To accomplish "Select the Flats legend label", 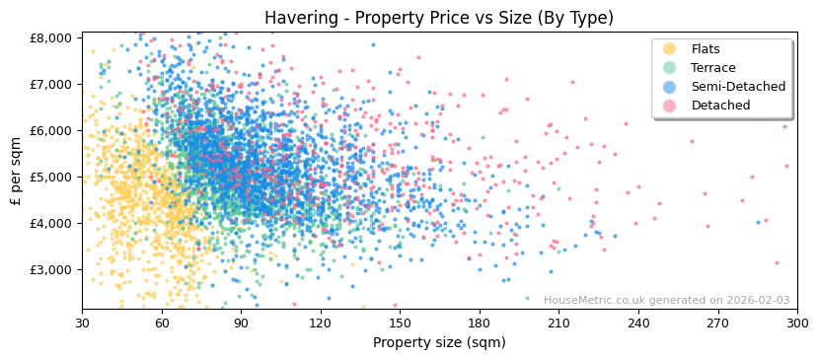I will pyautogui.click(x=706, y=49).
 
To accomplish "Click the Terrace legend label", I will pyautogui.click(x=713, y=68).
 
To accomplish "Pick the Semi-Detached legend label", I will pyautogui.click(x=738, y=87).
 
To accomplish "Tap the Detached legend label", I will pyautogui.click(x=720, y=106).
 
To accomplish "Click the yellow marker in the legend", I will pyautogui.click(x=669, y=49).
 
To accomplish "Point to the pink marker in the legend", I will pyautogui.click(x=669, y=106).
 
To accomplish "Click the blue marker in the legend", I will pyautogui.click(x=669, y=87).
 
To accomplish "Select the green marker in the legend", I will pyautogui.click(x=669, y=68).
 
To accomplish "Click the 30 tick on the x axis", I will pyautogui.click(x=82, y=323).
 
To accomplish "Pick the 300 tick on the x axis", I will pyautogui.click(x=797, y=323).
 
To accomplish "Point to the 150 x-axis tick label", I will pyautogui.click(x=400, y=323).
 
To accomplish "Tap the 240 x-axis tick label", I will pyautogui.click(x=638, y=323).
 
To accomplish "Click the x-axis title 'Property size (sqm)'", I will pyautogui.click(x=439, y=342).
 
